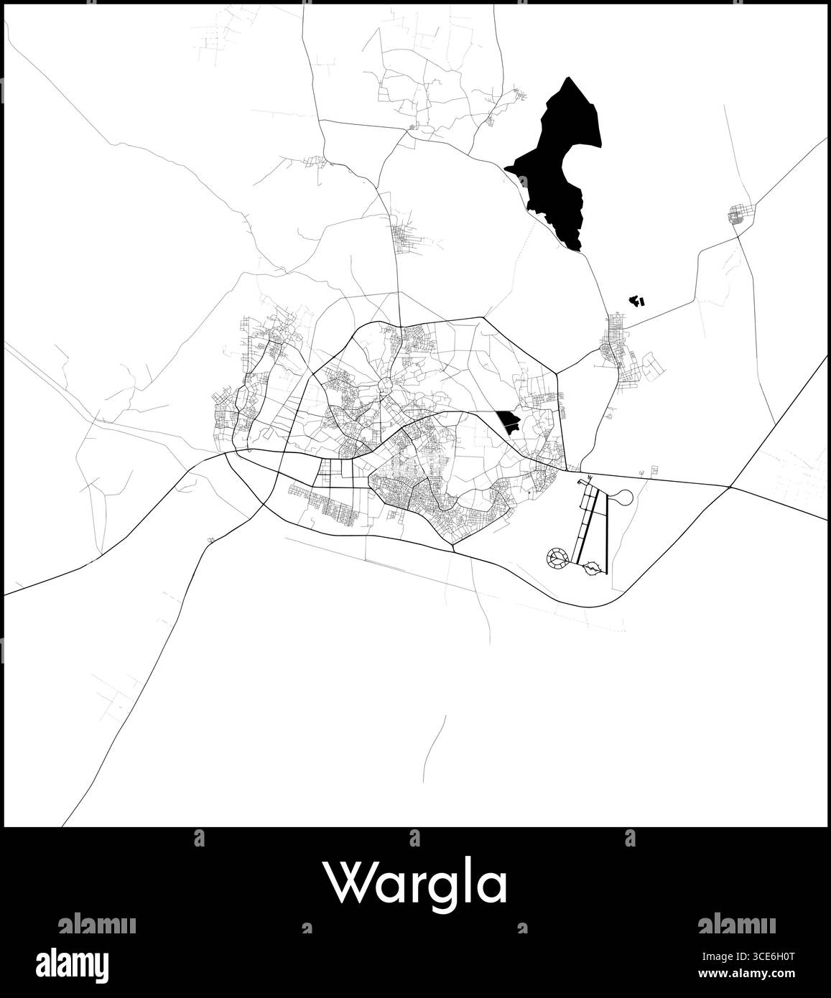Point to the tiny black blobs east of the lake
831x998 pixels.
[636, 300]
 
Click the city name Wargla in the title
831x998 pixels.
[415, 883]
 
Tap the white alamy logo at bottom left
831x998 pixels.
[83, 963]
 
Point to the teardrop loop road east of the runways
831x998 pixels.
[622, 497]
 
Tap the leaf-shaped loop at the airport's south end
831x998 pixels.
[591, 568]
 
